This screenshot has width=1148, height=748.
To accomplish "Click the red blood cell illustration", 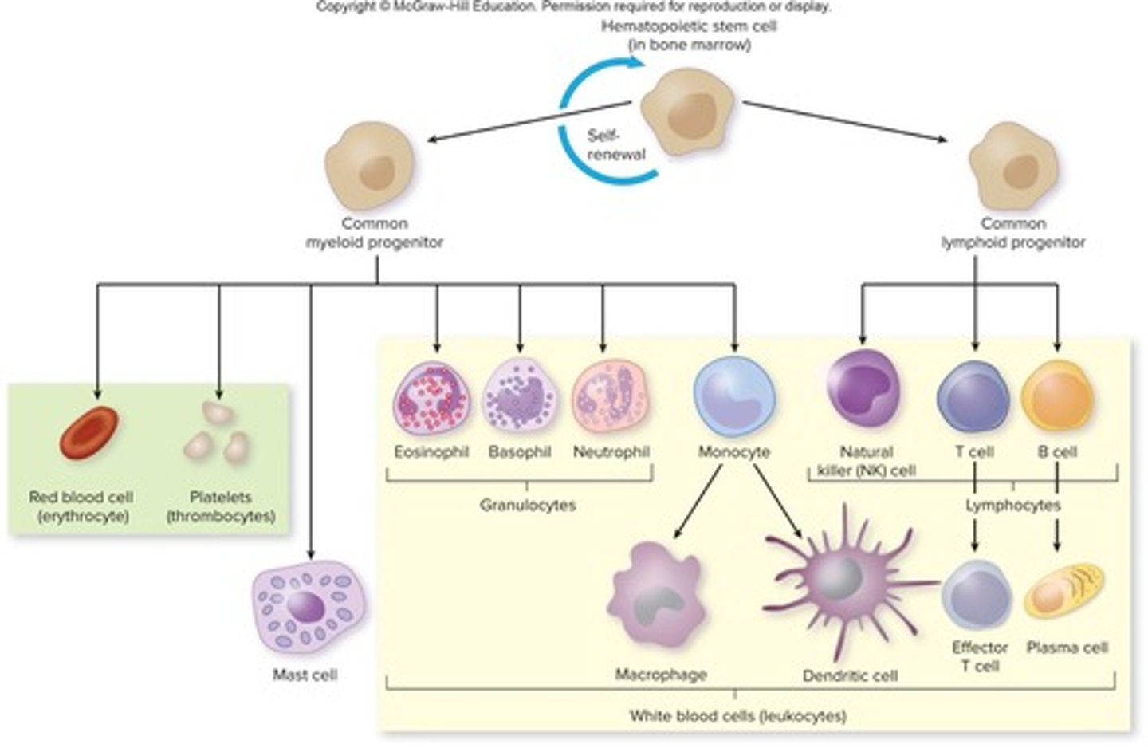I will (89, 433).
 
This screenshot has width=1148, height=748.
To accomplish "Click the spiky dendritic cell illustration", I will (837, 586).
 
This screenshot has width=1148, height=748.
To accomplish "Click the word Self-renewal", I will (615, 145).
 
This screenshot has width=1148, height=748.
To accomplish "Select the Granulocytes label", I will (527, 505).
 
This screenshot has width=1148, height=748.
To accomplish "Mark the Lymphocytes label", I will (1012, 506).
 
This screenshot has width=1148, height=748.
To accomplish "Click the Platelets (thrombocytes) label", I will (221, 506).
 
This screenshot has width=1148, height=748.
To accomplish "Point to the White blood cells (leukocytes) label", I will (737, 715).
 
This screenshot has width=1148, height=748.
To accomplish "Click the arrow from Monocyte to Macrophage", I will (699, 500).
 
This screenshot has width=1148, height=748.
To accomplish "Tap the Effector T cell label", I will (979, 656).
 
